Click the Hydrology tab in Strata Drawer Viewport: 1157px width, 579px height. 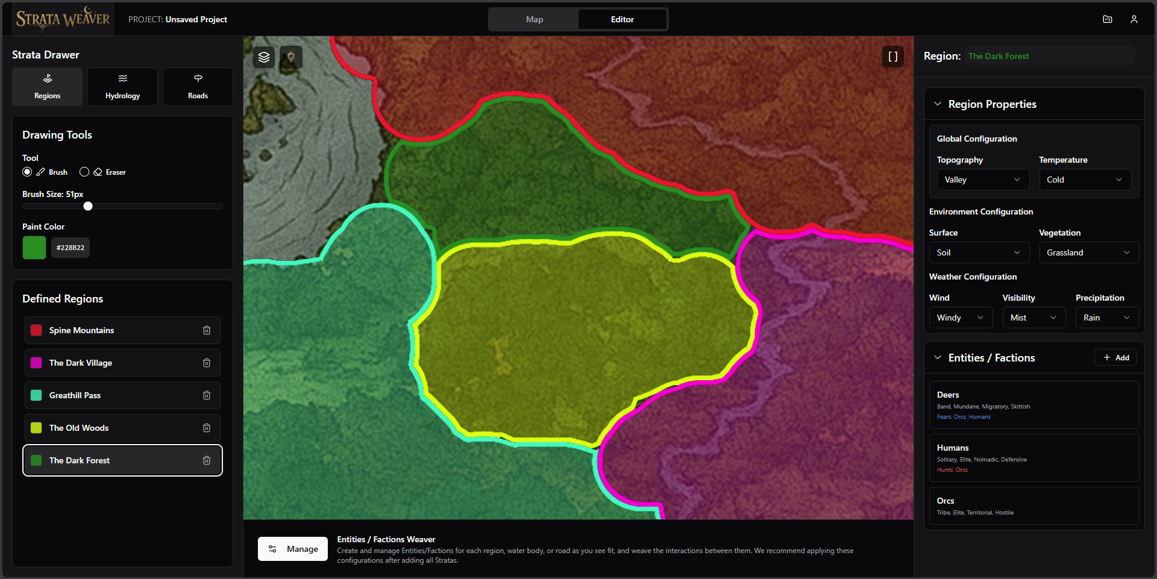[x=122, y=87]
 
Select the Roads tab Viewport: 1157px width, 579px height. [x=198, y=87]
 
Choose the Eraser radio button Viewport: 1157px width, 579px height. [x=84, y=172]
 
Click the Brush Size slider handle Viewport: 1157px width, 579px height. [x=88, y=206]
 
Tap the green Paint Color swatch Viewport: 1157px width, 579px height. [x=34, y=248]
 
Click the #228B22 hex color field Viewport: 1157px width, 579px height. [x=71, y=248]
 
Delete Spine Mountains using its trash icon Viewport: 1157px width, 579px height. [x=207, y=330]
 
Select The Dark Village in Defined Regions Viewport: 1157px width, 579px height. [x=81, y=363]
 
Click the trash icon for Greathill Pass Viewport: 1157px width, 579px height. [x=207, y=395]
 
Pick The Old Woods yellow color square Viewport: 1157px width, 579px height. [x=36, y=428]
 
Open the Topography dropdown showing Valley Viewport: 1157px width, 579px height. [x=982, y=180]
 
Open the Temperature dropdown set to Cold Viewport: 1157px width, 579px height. [x=1085, y=180]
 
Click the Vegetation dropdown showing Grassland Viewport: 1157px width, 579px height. [x=1088, y=252]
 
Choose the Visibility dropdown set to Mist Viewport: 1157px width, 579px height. [x=1033, y=318]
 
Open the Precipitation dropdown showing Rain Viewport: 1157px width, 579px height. [x=1106, y=318]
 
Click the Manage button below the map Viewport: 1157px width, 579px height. [x=293, y=549]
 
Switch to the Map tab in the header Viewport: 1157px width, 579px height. [x=534, y=19]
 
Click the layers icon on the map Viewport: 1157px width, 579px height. [x=264, y=57]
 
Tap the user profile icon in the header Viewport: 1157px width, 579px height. [x=1134, y=19]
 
